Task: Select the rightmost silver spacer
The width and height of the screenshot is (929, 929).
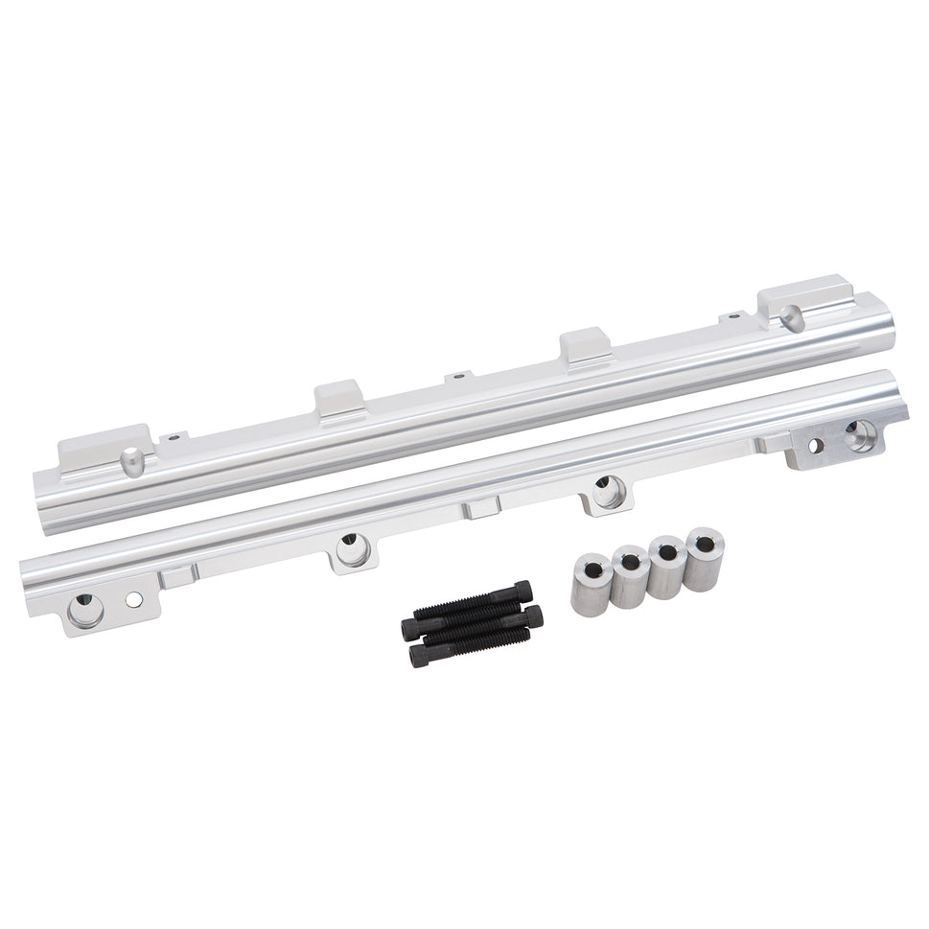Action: coord(705,558)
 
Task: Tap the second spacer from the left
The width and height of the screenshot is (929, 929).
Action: coord(630,576)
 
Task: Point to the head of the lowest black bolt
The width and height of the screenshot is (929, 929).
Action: coord(419,655)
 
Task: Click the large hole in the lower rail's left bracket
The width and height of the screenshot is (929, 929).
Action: coord(85,610)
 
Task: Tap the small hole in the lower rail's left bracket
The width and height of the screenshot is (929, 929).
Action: coord(133,599)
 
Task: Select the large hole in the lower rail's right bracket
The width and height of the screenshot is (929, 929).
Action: coord(860,434)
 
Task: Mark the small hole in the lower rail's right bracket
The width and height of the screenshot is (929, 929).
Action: coord(816,444)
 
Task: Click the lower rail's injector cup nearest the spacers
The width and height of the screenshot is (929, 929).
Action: coord(605,491)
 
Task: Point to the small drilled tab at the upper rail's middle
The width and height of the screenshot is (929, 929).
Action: coord(458,377)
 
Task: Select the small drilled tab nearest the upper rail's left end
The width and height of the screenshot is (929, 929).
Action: coord(174,438)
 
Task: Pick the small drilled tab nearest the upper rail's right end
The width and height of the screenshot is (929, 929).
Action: coord(734,314)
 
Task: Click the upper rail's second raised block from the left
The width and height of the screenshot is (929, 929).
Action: coord(339,398)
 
